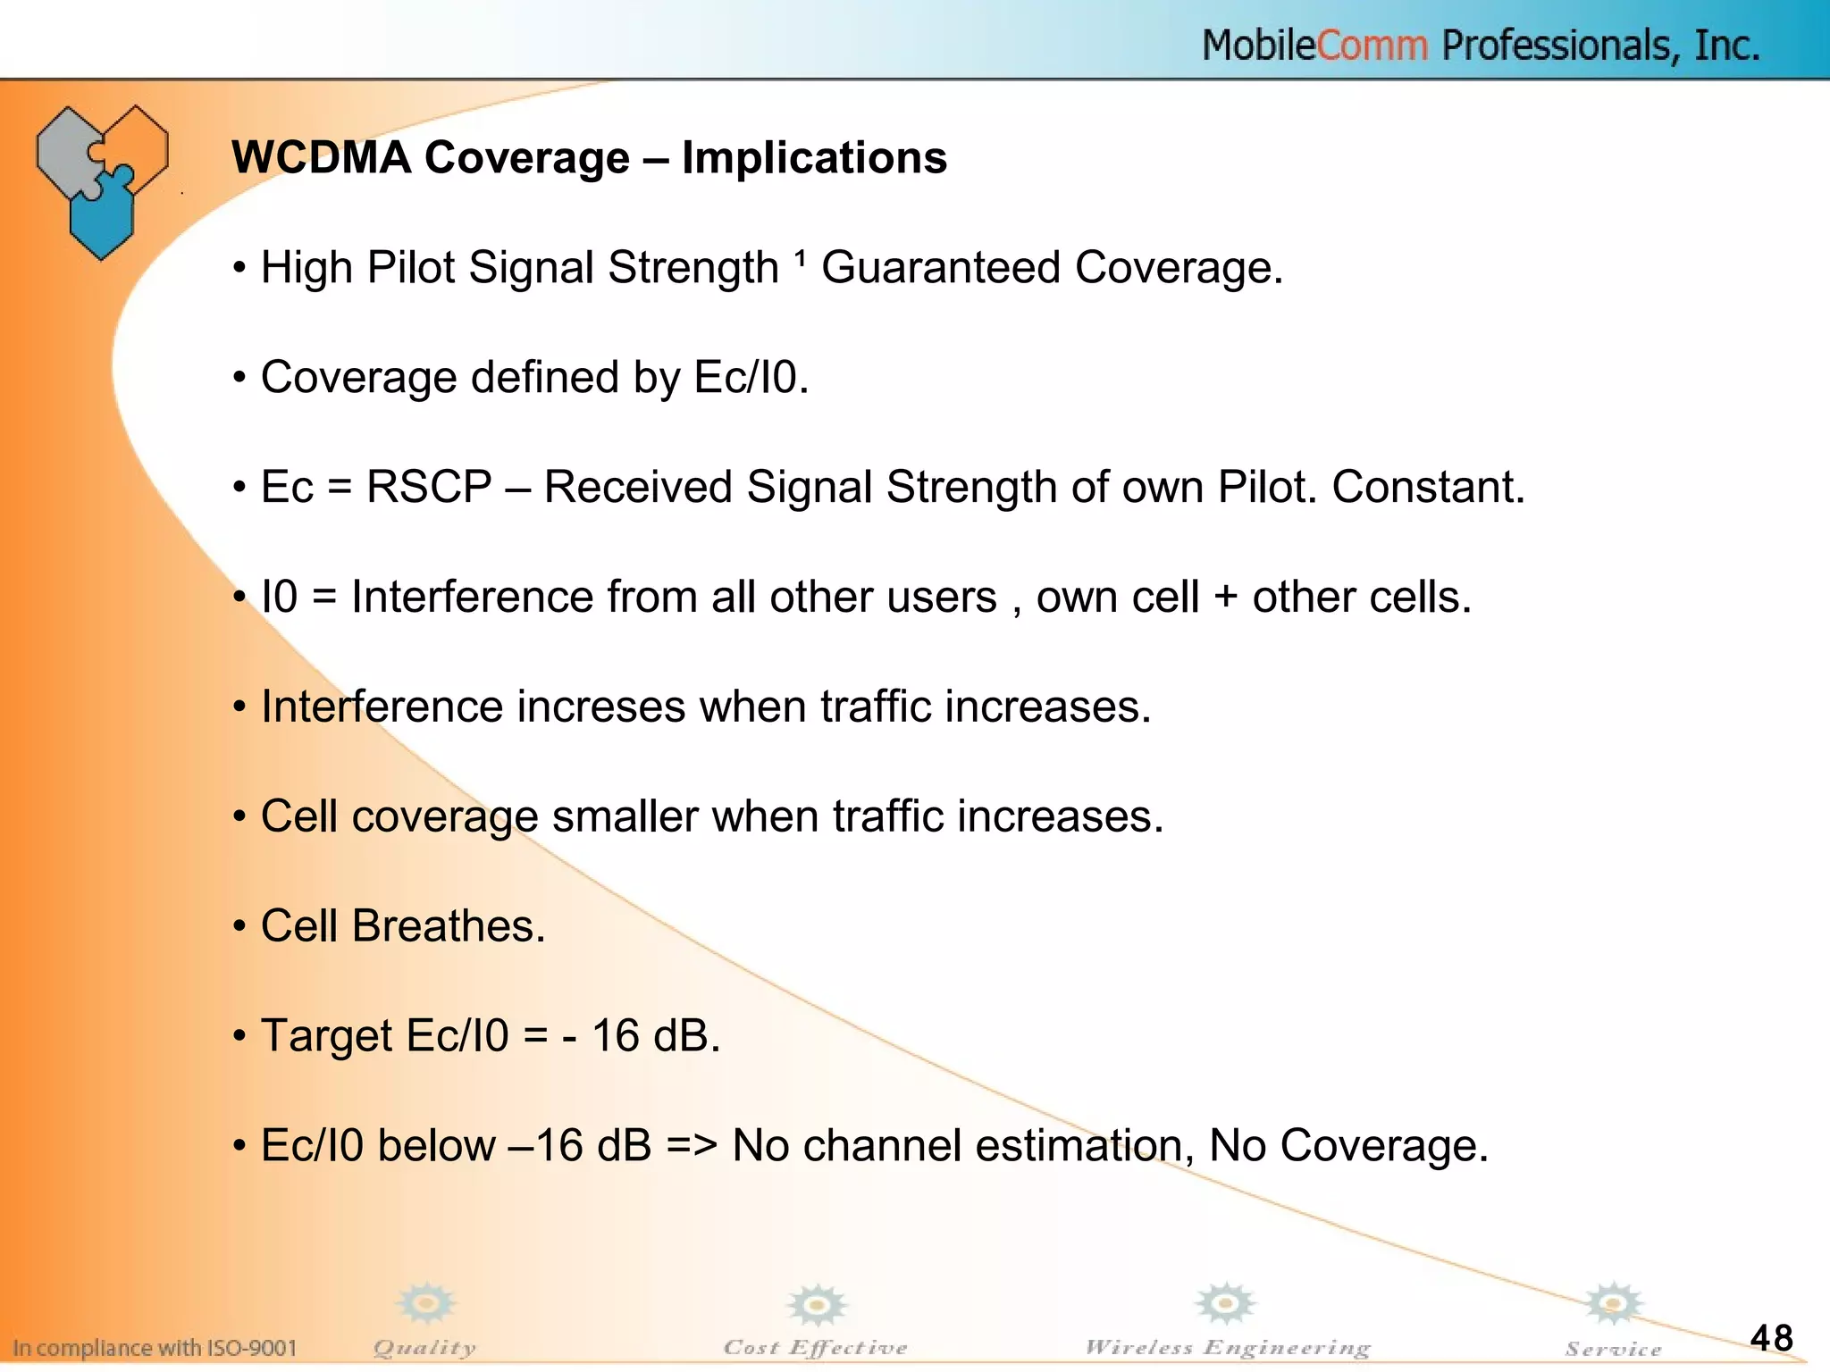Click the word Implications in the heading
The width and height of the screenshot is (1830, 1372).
pos(813,158)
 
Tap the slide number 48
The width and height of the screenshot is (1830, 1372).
pos(1771,1337)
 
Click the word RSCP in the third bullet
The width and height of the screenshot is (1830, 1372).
pos(429,488)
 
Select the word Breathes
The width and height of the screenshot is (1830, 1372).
pos(448,926)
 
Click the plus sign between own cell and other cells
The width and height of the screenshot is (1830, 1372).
pos(1225,598)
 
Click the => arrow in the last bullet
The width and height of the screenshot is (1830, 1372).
pos(692,1146)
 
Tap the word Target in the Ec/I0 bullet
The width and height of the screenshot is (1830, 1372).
pos(326,1036)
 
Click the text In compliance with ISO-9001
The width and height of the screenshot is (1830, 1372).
pos(155,1347)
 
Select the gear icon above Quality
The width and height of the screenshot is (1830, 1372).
pos(426,1303)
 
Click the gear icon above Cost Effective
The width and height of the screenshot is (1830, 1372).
pos(816,1305)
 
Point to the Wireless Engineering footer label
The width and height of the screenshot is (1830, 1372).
pos(1227,1347)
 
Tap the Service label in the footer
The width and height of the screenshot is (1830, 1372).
pos(1613,1349)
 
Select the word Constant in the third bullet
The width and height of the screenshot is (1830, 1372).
pos(1427,488)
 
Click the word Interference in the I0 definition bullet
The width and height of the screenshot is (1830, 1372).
pos(472,598)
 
